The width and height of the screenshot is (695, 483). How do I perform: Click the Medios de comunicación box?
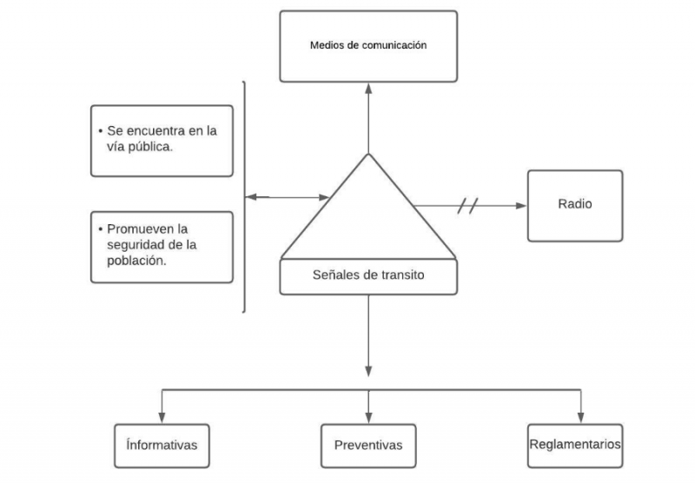(368, 45)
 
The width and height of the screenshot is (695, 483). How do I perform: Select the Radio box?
(573, 205)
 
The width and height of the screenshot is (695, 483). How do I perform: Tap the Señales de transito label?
(368, 276)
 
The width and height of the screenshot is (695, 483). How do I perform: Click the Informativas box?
(162, 444)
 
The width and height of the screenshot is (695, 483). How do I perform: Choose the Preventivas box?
(368, 445)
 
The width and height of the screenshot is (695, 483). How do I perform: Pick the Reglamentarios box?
(574, 444)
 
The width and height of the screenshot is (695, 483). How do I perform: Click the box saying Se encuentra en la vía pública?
(162, 140)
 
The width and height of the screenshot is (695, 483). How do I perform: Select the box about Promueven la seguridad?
(162, 247)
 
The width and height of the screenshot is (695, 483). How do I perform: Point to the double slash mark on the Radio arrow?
(468, 206)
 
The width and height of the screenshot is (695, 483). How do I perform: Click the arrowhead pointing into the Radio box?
(521, 206)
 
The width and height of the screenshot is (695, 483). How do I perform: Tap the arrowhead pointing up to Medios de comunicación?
(368, 88)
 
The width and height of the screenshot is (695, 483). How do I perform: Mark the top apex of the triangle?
(368, 155)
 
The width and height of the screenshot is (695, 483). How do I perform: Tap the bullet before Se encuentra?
(101, 130)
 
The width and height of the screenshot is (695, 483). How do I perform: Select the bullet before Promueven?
(101, 230)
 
